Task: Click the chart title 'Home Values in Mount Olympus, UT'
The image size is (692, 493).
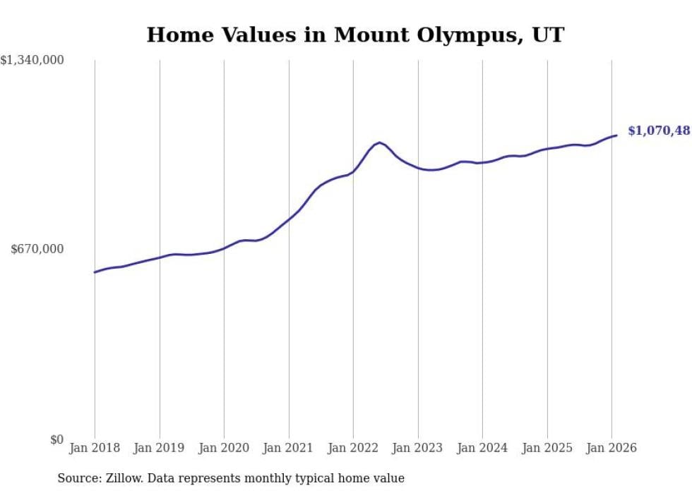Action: point(355,35)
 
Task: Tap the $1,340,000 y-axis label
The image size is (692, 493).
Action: point(32,61)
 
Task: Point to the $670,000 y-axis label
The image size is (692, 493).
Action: point(37,249)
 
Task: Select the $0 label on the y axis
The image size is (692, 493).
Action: point(56,439)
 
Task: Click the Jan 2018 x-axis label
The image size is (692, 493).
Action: point(95,449)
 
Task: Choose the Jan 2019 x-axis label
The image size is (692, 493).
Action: point(160,449)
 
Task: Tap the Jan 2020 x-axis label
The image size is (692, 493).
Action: point(224,449)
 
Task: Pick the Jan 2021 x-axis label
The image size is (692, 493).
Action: point(289,449)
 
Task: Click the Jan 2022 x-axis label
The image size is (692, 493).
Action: point(353,449)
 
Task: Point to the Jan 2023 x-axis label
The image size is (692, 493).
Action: point(418,449)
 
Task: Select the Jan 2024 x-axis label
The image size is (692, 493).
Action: point(482,449)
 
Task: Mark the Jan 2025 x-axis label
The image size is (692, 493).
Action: point(547,449)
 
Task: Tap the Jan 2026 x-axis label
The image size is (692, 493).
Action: point(612,449)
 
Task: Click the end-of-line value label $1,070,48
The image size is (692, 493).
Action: point(658,130)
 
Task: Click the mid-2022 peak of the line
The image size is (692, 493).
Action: point(380,142)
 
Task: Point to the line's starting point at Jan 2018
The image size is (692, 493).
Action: point(95,272)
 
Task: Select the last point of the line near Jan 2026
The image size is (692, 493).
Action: point(616,135)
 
